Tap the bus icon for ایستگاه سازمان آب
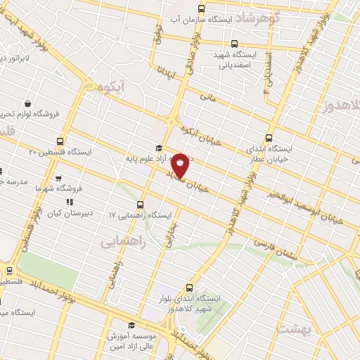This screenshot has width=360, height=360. click(x=202, y=9)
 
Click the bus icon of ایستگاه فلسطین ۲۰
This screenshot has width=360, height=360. click(x=60, y=141)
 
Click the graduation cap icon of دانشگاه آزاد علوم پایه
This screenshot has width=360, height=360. click(x=159, y=148)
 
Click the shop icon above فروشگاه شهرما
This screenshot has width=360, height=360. click(x=70, y=179)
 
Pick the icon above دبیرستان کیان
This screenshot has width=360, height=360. click(x=69, y=204)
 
